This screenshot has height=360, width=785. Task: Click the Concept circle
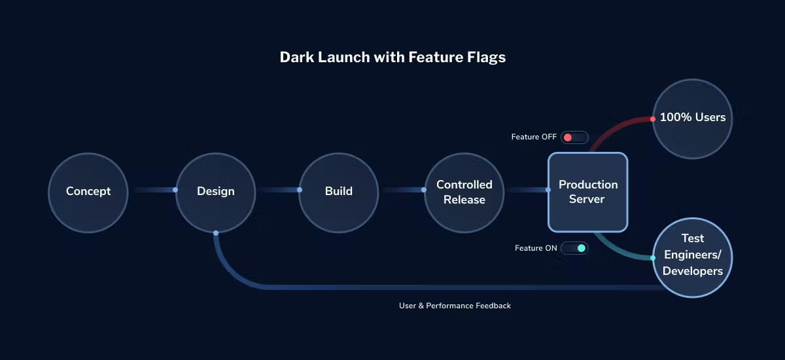pos(88,192)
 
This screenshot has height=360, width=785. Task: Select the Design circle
pos(215,192)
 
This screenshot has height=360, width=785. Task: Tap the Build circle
pos(338,192)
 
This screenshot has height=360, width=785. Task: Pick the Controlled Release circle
pos(464,192)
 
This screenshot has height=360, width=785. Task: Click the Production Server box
pos(587,192)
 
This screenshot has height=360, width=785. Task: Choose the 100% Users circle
pos(692,118)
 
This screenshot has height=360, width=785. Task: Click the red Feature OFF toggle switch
pos(574,137)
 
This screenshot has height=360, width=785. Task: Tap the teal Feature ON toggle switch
pos(574,248)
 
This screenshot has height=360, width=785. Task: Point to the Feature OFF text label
pos(534,137)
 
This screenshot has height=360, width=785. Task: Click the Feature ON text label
pos(536,248)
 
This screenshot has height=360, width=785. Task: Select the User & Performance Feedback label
pos(455,306)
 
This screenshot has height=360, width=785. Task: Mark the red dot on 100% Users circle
pos(653,119)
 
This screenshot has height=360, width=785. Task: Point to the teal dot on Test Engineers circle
pos(653,258)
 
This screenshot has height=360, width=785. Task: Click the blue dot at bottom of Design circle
pos(216,232)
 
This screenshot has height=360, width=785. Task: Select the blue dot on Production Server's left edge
pos(548,190)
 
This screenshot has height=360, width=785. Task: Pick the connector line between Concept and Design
pos(154,190)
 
